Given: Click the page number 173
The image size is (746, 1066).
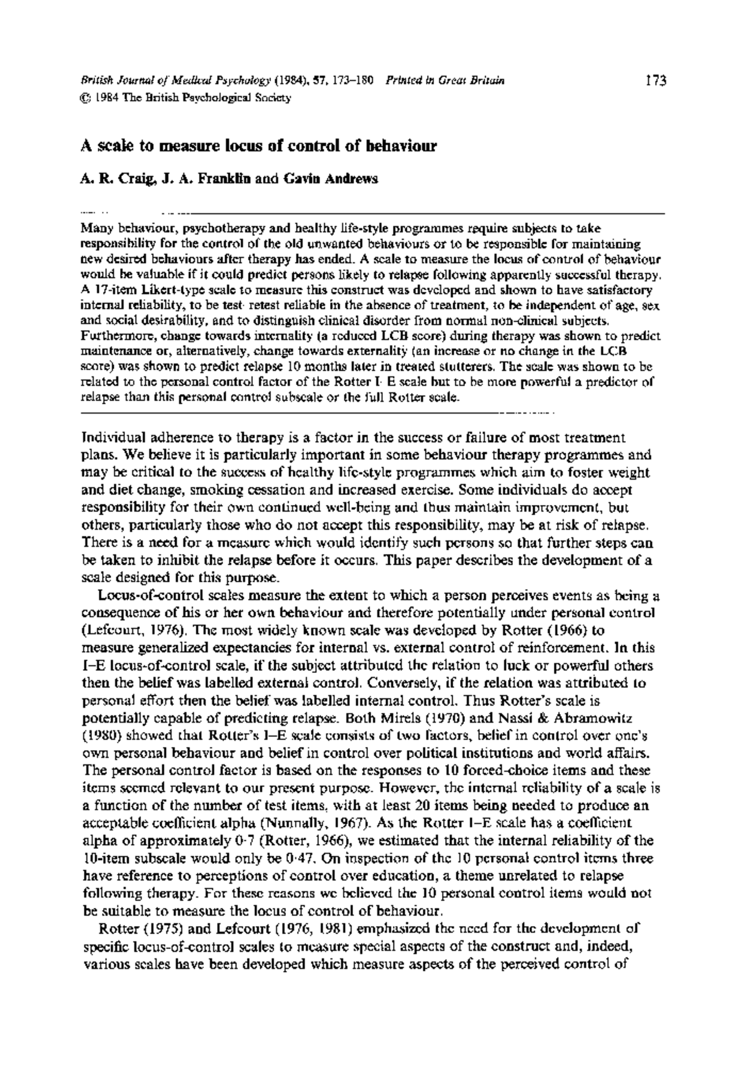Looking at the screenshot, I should coord(656,80).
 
